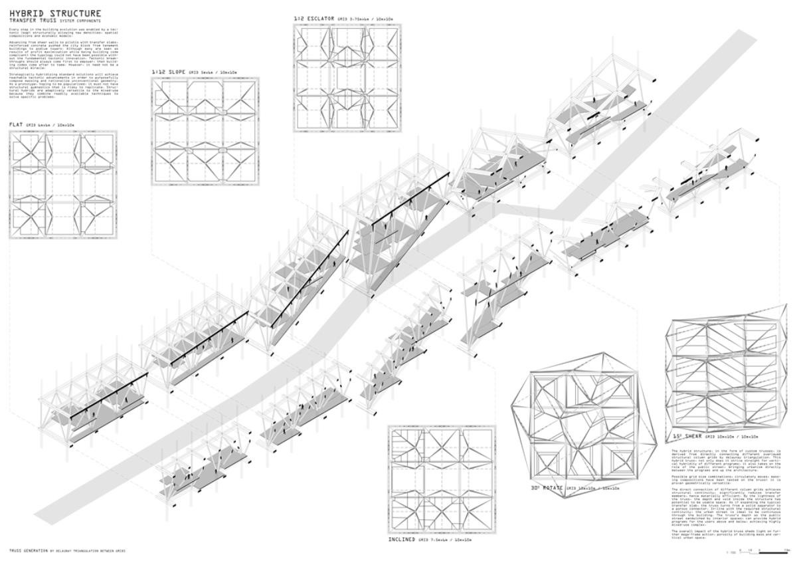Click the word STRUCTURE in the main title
(76, 13)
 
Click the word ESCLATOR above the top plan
(322, 18)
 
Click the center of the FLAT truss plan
(63, 185)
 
